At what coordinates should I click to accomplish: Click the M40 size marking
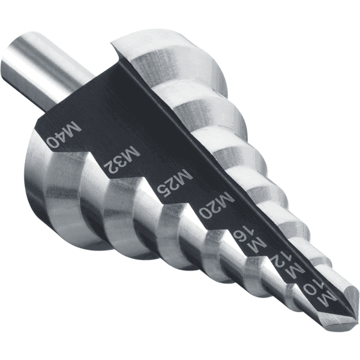coord(64,136)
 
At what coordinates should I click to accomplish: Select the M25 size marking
coord(174,185)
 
